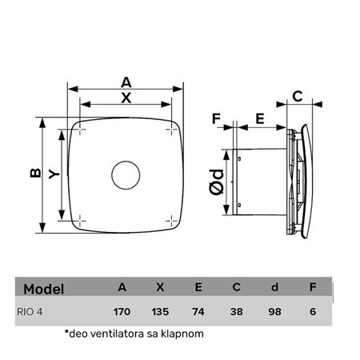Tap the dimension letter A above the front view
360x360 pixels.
tap(126, 82)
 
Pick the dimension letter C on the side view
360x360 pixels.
tap(296, 98)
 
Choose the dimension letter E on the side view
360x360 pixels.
tap(259, 118)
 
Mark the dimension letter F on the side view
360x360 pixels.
tap(216, 118)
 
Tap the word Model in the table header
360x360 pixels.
tap(44, 288)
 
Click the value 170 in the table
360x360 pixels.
tap(122, 313)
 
